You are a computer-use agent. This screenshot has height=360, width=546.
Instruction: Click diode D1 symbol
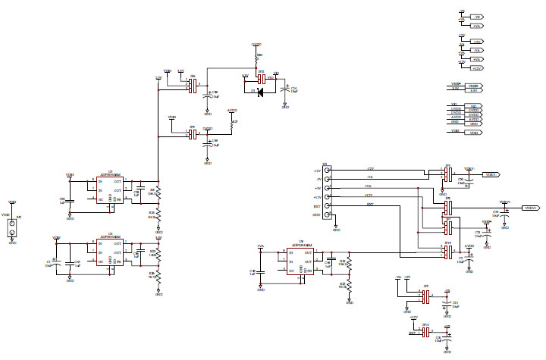coord(260,93)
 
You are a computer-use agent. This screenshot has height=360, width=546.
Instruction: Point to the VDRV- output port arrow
coord(491,174)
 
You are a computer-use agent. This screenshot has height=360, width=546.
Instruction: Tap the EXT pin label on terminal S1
coord(318,205)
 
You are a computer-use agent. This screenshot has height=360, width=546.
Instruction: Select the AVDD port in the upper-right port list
coord(473,117)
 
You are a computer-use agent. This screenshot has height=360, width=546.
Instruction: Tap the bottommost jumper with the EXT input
coord(425,332)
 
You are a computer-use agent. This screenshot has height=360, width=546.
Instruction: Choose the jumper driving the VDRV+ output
coord(448,206)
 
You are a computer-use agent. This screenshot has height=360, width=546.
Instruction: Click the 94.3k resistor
coord(158,214)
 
